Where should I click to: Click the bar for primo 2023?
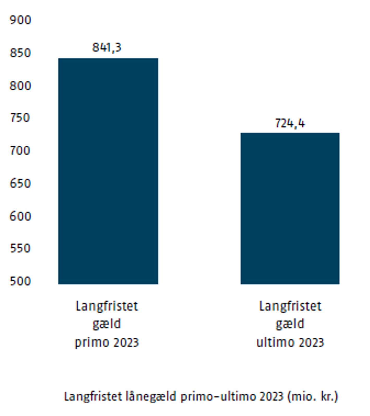(x=108, y=171)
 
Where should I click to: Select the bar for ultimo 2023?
(x=290, y=208)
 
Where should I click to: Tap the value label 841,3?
(x=107, y=47)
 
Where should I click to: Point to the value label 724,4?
(x=290, y=123)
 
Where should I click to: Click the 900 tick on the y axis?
(x=20, y=20)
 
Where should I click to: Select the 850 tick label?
(x=20, y=53)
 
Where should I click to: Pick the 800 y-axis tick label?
(x=20, y=86)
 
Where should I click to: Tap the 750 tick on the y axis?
(x=20, y=118)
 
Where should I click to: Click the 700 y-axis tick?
(x=20, y=151)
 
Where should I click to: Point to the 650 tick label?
(x=20, y=183)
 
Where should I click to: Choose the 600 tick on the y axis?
(x=20, y=216)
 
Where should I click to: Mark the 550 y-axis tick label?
(x=20, y=248)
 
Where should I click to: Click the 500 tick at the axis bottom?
(x=20, y=281)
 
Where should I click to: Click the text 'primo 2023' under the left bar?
(x=107, y=342)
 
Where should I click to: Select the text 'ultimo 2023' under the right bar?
(x=290, y=342)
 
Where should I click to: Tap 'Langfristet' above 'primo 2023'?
(x=107, y=306)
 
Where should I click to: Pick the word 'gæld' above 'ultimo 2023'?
(x=290, y=324)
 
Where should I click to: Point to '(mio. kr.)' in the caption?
(x=312, y=397)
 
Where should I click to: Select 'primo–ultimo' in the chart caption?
(x=219, y=397)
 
